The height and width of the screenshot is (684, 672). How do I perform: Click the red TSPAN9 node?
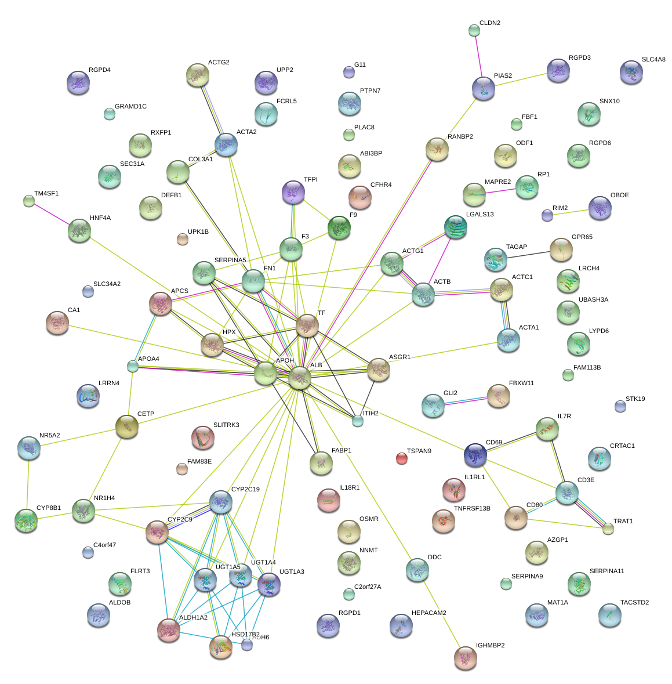click(401, 459)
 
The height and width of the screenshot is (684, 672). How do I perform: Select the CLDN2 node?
click(474, 30)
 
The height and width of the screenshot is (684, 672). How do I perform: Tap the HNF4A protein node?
click(79, 230)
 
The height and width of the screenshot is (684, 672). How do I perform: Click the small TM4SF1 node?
click(29, 201)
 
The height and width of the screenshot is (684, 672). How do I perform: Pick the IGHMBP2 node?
click(465, 657)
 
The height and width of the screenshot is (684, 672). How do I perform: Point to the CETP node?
click(127, 426)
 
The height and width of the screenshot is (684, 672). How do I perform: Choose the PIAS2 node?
click(484, 88)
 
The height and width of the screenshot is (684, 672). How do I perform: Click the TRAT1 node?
click(608, 528)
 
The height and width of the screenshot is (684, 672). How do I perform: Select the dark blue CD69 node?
click(475, 455)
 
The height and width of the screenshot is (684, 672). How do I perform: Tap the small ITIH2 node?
click(358, 421)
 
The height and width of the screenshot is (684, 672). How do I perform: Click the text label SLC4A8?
click(653, 60)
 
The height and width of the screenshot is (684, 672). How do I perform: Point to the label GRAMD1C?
click(130, 107)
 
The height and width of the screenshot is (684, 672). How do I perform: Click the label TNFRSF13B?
click(472, 509)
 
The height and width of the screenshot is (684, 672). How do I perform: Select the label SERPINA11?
click(606, 571)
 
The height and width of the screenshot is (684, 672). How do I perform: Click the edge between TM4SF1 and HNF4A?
click(53, 215)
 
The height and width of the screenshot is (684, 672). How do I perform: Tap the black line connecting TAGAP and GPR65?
click(528, 255)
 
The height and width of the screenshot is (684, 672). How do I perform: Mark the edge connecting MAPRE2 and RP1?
click(500, 191)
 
